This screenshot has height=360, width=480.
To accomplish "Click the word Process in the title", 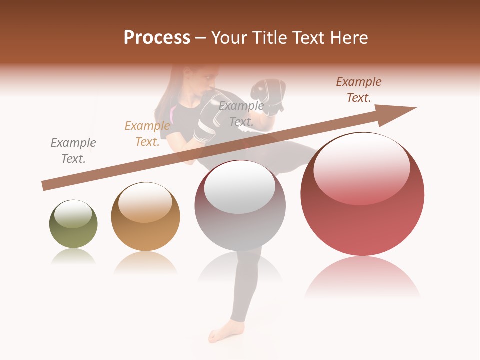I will click(157, 38).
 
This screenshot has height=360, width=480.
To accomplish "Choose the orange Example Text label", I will click(147, 134).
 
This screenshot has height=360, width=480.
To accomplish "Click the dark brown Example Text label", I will click(359, 90).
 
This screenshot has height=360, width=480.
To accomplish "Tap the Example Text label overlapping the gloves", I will click(241, 114).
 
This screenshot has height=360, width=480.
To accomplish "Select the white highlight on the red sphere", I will click(361, 167).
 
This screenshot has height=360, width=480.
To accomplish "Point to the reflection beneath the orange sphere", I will click(145, 262).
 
